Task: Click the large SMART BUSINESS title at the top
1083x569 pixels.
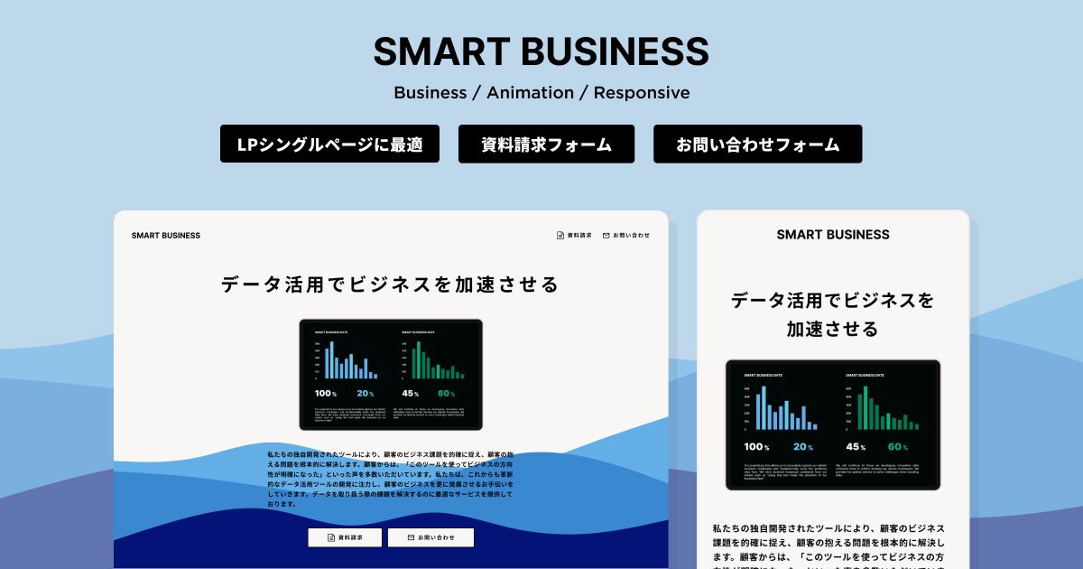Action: pos(541,51)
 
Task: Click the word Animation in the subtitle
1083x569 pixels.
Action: pos(531,93)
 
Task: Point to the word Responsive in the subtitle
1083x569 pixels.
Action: pos(642,93)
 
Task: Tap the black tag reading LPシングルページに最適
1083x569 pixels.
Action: pos(329,144)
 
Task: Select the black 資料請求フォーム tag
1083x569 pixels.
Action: pos(546,144)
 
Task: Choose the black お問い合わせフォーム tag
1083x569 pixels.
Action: pos(757,144)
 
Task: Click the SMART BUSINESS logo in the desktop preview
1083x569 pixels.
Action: pos(166,236)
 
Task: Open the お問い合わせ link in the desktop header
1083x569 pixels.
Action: pos(631,236)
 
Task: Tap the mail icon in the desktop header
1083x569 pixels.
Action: pos(606,236)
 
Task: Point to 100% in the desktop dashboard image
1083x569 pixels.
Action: pos(325,394)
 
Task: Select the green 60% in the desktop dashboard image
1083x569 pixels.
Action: pos(445,394)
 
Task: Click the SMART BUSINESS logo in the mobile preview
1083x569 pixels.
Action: pos(833,235)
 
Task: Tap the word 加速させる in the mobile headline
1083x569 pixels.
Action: pos(832,330)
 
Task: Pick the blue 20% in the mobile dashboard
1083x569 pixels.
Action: pos(803,447)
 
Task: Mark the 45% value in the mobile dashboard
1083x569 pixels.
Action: pos(857,447)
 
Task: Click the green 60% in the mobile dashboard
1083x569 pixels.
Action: pos(897,447)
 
